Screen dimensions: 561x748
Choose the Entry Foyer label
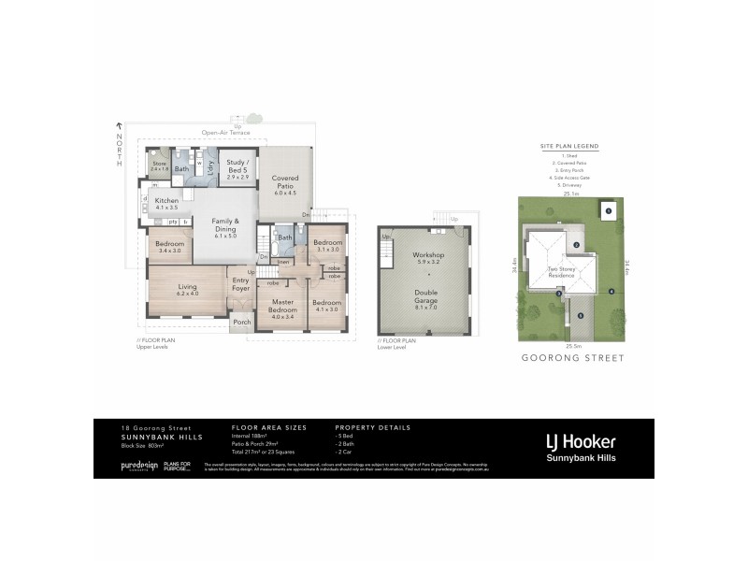[240, 282]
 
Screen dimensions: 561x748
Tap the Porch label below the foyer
[240, 324]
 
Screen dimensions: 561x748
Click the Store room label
[158, 165]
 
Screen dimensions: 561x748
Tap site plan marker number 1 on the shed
[608, 211]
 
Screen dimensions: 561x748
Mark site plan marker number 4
[611, 292]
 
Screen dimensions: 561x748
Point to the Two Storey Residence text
[561, 272]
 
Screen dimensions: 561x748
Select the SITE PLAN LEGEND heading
[569, 148]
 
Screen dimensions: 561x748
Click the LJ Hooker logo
[580, 441]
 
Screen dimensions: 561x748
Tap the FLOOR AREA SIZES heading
[269, 427]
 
